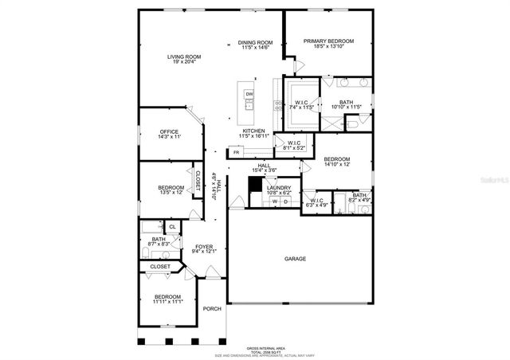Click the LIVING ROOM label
[183, 57]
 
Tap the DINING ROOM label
[256, 42]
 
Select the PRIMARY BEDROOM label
[328, 41]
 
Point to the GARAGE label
[296, 258]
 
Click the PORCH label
[211, 309]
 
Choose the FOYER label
[205, 246]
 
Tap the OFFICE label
[169, 131]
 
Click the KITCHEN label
[253, 131]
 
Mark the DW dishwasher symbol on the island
[249, 95]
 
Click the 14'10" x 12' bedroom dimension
[337, 165]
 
